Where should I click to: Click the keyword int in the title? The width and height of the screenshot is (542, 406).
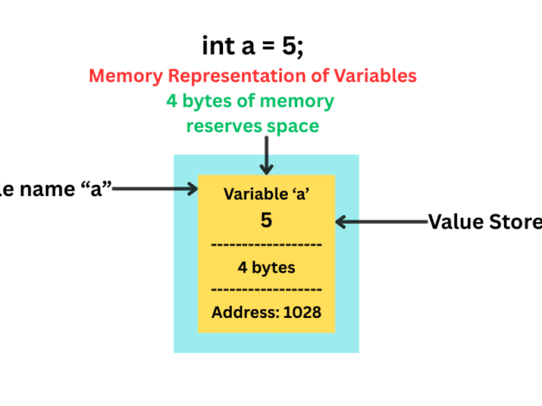tap(216, 46)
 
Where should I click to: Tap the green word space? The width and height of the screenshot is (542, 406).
tap(295, 127)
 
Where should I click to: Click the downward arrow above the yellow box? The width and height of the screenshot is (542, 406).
tap(267, 156)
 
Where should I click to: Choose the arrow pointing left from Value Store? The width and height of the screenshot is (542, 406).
tap(380, 221)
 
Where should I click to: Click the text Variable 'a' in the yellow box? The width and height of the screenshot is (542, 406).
tap(266, 194)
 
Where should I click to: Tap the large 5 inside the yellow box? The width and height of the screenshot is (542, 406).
tap(266, 221)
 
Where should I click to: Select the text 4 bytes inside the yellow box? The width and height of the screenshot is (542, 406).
tap(266, 267)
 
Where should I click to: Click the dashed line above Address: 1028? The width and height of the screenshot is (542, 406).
tap(266, 290)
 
